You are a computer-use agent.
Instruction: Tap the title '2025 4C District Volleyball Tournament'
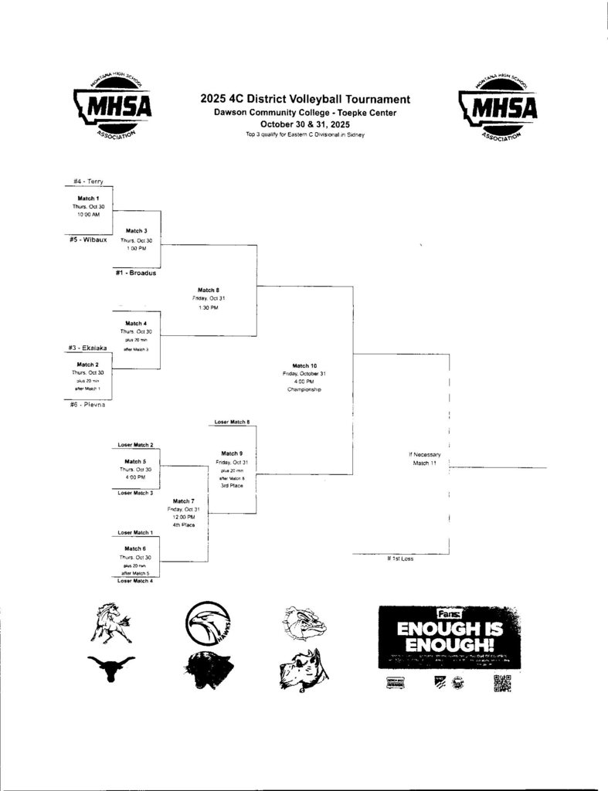pyautogui.click(x=305, y=99)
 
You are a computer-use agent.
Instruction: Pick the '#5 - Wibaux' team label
pyautogui.click(x=88, y=239)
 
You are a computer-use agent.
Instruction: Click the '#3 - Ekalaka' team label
pyautogui.click(x=87, y=348)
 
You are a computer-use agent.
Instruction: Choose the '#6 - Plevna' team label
pyautogui.click(x=87, y=405)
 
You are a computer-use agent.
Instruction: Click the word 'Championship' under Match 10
pyautogui.click(x=304, y=390)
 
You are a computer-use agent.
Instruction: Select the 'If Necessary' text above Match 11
pyautogui.click(x=424, y=454)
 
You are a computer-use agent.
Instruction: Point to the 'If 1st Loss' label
pyautogui.click(x=400, y=558)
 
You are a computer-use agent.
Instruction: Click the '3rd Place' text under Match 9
pyautogui.click(x=232, y=485)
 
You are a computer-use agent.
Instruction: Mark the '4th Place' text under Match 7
pyautogui.click(x=184, y=525)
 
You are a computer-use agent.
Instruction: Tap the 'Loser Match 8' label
pyautogui.click(x=232, y=422)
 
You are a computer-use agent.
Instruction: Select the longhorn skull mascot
pyautogui.click(x=110, y=667)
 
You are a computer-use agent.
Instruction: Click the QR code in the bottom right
pyautogui.click(x=502, y=683)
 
